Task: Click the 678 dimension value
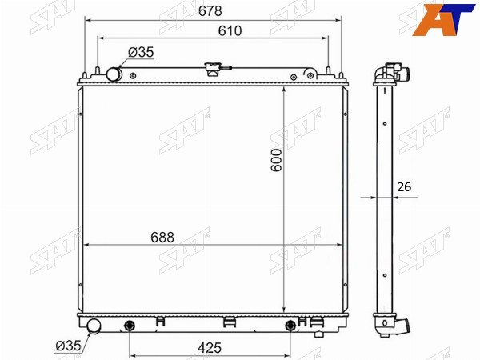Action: point(210,11)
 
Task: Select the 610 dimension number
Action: point(230,31)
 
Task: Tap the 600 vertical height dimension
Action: point(277,160)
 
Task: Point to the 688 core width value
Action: point(162,238)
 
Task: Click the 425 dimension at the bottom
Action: point(210,348)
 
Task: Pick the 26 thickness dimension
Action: point(404,186)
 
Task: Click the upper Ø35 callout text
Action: point(141,52)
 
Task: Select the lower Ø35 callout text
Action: point(69,346)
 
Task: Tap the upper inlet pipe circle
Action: point(114,74)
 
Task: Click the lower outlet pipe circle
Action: point(94,326)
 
